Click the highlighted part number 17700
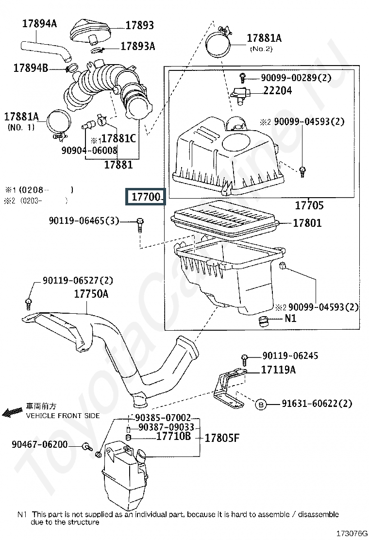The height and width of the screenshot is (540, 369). point(146,197)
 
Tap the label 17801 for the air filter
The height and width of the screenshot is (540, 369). point(307,223)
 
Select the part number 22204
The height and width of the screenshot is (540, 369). point(277,91)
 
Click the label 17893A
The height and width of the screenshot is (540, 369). point(138,46)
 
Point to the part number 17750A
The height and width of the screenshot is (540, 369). point(91,294)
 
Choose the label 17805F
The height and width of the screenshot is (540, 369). point(222,438)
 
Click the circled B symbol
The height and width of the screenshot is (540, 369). point(261,405)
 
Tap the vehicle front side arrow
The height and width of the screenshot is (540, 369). point(13,412)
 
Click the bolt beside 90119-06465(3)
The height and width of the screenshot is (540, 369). point(140,225)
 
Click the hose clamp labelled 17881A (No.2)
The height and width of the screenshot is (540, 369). point(219,42)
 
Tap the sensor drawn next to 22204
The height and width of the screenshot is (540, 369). point(241,94)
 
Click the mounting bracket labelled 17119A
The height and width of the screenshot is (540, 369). point(229,388)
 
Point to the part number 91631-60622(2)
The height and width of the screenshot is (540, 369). point(317,403)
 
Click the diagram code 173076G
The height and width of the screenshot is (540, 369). point(352,534)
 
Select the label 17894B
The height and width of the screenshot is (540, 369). point(31,68)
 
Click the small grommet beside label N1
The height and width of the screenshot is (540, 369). point(263,321)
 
